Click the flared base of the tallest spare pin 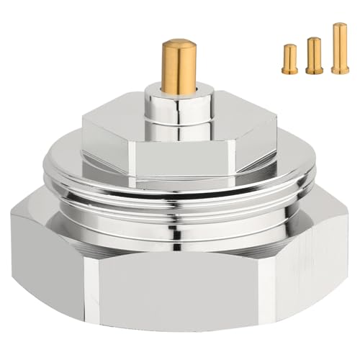click(339, 70)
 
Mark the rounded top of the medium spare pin click(313, 39)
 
